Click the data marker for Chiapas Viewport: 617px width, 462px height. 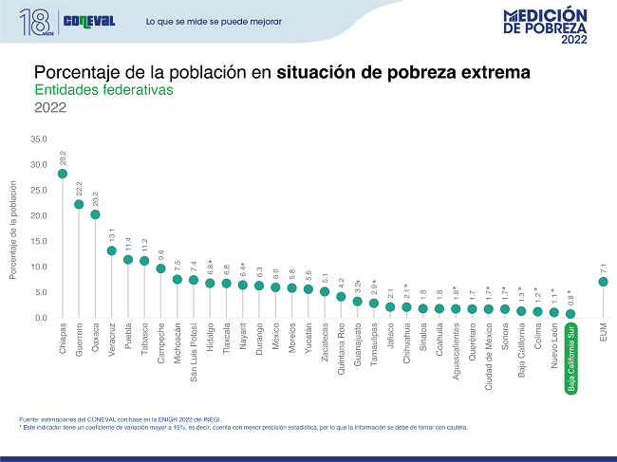click(x=63, y=174)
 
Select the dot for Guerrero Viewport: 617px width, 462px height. click(x=79, y=204)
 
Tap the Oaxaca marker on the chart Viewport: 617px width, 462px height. click(x=95, y=214)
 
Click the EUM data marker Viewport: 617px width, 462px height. click(x=604, y=282)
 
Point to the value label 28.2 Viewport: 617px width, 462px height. click(x=63, y=158)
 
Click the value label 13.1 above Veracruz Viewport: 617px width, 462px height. click(x=112, y=235)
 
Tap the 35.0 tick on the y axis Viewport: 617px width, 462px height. click(x=38, y=139)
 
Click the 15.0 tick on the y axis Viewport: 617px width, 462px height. click(x=38, y=242)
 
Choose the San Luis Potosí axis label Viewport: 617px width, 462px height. click(x=194, y=352)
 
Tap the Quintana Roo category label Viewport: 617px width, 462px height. click(x=341, y=350)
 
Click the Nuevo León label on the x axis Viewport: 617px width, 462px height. click(x=554, y=347)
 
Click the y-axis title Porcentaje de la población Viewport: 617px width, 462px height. click(x=14, y=231)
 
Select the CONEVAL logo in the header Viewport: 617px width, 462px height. click(x=87, y=21)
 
